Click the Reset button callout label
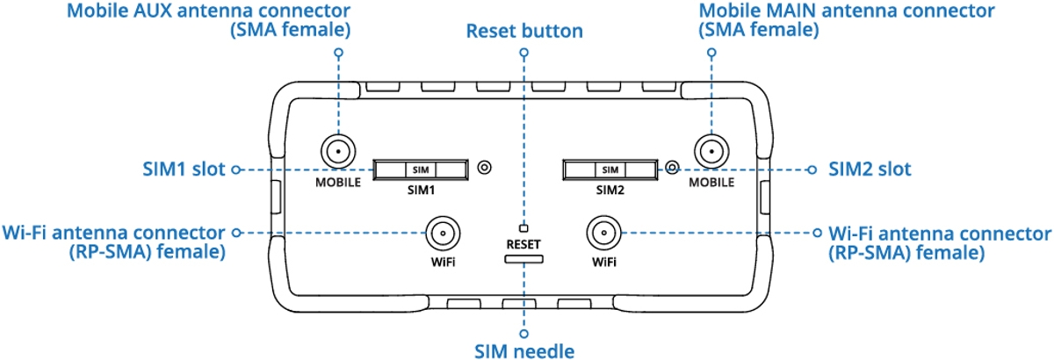(x=524, y=31)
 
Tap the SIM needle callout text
(x=524, y=351)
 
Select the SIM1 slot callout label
(x=184, y=169)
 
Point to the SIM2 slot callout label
(x=870, y=169)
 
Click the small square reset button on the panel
(x=523, y=228)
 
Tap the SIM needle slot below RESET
(x=523, y=259)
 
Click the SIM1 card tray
(x=421, y=169)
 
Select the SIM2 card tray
(x=610, y=169)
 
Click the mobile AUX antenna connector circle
(x=338, y=152)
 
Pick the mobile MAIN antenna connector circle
(x=711, y=152)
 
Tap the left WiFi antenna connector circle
(x=443, y=233)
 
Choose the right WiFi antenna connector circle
(x=603, y=233)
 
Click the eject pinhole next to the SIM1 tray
(x=485, y=167)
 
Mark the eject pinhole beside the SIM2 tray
(x=673, y=167)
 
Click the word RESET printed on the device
(x=523, y=245)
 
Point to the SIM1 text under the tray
(x=421, y=191)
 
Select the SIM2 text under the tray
(x=610, y=191)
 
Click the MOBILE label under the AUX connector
(x=338, y=183)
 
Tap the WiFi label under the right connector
(x=604, y=263)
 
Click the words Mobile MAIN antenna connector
(x=847, y=11)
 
